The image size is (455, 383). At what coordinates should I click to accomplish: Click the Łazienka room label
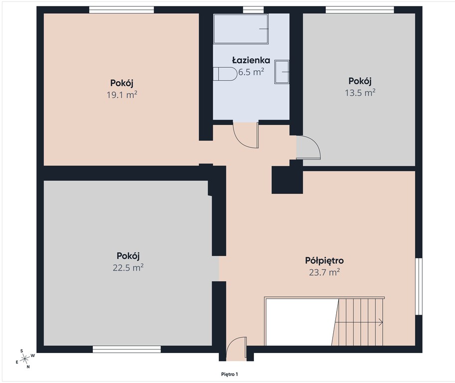[x=251, y=60]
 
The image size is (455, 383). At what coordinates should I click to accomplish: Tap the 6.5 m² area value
[x=251, y=72]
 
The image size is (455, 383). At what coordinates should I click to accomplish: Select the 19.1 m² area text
[x=122, y=95]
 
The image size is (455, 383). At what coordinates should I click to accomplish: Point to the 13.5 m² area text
[x=360, y=93]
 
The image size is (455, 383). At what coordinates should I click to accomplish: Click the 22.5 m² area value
[x=128, y=267]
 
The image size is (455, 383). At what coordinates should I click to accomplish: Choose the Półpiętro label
[x=324, y=260]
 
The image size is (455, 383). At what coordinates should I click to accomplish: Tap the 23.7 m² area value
[x=324, y=272]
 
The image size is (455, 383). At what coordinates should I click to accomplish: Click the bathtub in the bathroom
[x=241, y=29]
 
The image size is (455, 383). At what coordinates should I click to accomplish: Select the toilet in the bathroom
[x=225, y=74]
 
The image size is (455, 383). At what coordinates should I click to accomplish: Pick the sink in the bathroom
[x=282, y=72]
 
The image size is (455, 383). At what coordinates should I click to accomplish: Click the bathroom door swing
[x=246, y=135]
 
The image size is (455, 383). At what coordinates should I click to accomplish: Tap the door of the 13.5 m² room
[x=308, y=148]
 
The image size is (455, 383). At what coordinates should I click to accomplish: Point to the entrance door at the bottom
[x=236, y=348]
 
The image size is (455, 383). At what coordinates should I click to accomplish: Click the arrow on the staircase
[x=359, y=322]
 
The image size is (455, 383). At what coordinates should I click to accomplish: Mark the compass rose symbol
[x=25, y=359]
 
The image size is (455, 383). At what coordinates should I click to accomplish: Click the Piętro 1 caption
[x=229, y=375]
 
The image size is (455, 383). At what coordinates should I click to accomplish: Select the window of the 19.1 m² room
[x=121, y=10]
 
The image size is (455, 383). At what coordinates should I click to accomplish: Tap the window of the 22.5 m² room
[x=127, y=349]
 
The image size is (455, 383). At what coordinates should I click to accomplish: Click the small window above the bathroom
[x=253, y=10]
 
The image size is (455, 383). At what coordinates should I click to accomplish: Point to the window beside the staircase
[x=419, y=286]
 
